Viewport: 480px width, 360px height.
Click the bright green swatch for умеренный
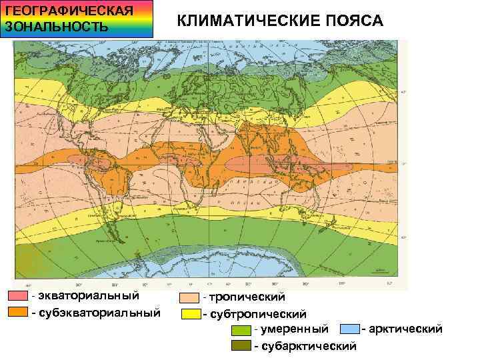pyautogui.click(x=241, y=330)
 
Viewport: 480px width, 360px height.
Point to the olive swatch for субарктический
pyautogui.click(x=241, y=346)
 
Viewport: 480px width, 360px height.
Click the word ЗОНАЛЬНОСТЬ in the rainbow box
pyautogui.click(x=56, y=27)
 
